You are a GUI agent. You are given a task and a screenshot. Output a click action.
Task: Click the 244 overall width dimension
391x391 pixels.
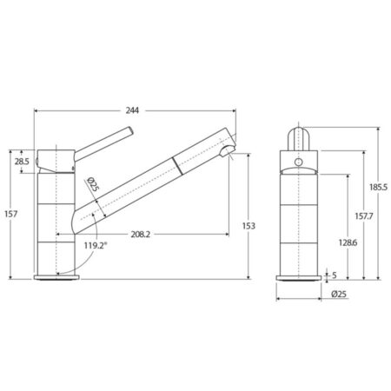[132, 110]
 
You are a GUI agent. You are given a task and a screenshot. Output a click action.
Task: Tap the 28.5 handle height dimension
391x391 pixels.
[22, 162]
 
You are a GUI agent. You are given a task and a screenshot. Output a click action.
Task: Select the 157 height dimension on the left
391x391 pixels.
[11, 214]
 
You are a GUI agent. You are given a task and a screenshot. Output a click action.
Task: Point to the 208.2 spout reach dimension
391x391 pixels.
[141, 235]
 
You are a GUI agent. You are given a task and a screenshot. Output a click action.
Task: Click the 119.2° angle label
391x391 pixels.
[96, 246]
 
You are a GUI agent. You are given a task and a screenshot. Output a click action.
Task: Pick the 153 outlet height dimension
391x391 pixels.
[249, 226]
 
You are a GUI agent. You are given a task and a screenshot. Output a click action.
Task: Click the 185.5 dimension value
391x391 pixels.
[378, 187]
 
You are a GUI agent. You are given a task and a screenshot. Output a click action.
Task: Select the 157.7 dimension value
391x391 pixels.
[364, 216]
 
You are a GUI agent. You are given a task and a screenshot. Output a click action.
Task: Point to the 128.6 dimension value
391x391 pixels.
[348, 242]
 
